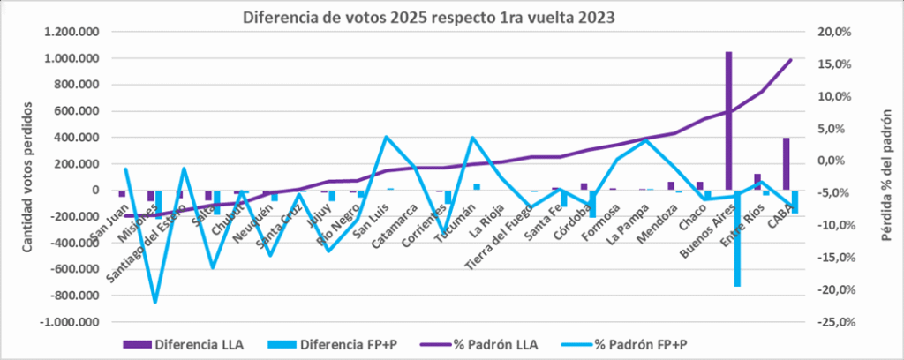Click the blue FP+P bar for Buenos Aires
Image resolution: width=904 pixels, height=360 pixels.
click(x=737, y=238)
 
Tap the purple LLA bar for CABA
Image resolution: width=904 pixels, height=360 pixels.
click(x=787, y=163)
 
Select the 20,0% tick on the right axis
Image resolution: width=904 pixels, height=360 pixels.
click(x=834, y=33)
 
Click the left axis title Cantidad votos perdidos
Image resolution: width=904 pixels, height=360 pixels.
click(x=26, y=177)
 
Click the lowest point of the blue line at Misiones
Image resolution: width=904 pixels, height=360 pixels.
click(x=155, y=303)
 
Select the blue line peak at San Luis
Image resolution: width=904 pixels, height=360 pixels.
click(x=387, y=137)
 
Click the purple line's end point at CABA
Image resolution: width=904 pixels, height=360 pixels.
click(x=791, y=60)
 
